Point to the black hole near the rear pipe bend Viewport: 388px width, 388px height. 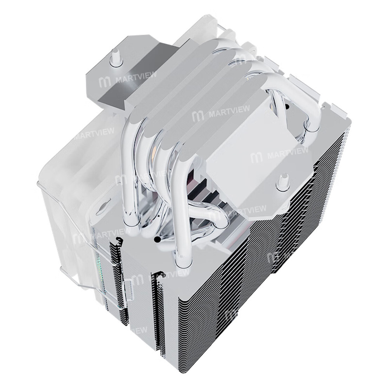286,106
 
